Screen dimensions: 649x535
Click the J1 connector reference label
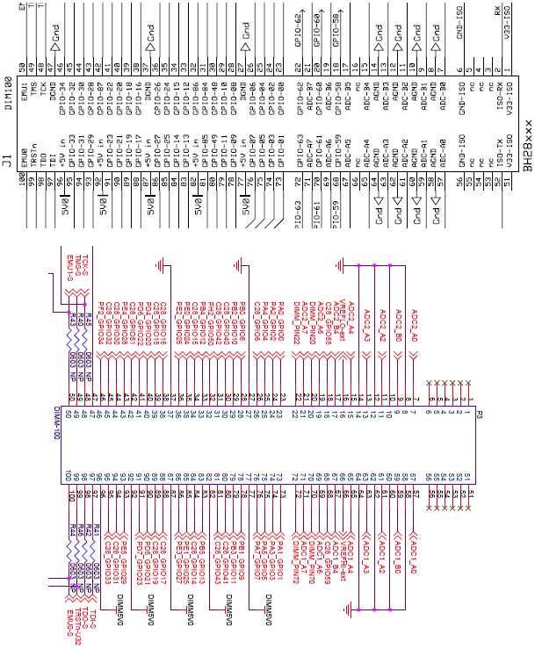pyautogui.click(x=7, y=162)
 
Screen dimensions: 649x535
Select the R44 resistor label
pyautogui.click(x=71, y=532)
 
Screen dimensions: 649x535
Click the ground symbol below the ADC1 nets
pyautogui.click(x=351, y=607)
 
